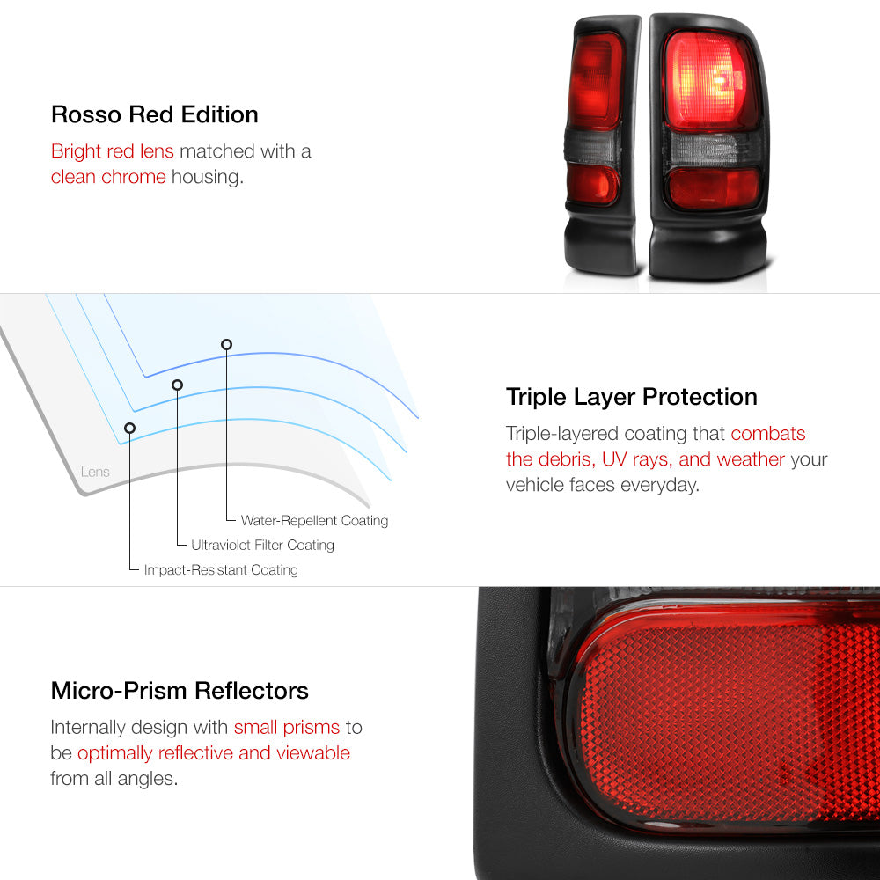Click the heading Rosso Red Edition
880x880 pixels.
click(154, 114)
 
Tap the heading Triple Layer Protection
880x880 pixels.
click(631, 397)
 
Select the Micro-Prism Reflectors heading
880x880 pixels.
click(180, 690)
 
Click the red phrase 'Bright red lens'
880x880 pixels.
click(113, 151)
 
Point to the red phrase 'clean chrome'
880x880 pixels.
click(108, 177)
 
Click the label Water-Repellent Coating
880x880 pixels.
click(314, 520)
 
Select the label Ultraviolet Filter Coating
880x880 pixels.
click(262, 545)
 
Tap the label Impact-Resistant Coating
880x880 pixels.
click(221, 569)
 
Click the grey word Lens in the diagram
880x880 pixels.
click(95, 472)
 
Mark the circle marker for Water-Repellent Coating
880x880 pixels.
click(226, 345)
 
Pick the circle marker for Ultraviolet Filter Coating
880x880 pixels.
click(178, 385)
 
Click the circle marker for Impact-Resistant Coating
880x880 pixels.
click(129, 429)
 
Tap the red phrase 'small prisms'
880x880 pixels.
click(287, 728)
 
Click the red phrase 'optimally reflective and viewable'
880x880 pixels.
click(214, 753)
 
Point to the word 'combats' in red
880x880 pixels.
click(767, 433)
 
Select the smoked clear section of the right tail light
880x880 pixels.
click(713, 150)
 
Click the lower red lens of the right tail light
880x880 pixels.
click(713, 188)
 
